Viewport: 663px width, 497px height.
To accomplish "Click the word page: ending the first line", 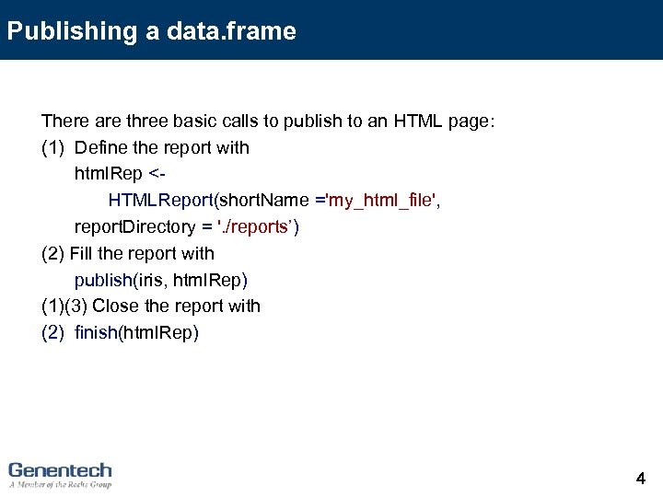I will [473, 121].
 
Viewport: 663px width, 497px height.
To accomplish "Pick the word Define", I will [99, 148].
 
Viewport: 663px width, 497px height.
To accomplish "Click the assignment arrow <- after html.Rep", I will [157, 174].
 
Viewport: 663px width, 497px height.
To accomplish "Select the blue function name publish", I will [103, 280].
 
